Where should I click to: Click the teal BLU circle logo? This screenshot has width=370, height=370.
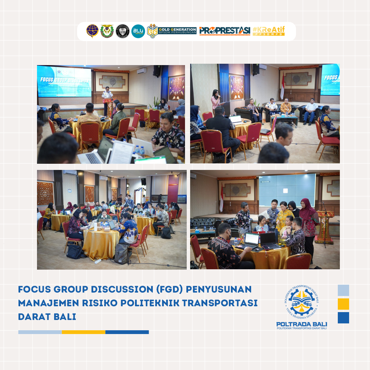[x=138, y=31]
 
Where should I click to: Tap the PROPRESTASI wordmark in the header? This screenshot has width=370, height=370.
[x=224, y=31]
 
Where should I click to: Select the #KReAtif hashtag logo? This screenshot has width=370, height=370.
[x=269, y=31]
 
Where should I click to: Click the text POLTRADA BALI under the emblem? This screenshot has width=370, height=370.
[x=301, y=324]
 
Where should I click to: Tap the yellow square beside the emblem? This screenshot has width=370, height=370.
[x=343, y=304]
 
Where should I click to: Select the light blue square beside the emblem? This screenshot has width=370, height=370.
[x=343, y=290]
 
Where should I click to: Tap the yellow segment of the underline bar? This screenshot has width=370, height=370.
[x=84, y=332]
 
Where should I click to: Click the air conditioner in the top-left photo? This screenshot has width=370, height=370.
[x=142, y=71]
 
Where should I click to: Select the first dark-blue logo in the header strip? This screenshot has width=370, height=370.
[x=92, y=31]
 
